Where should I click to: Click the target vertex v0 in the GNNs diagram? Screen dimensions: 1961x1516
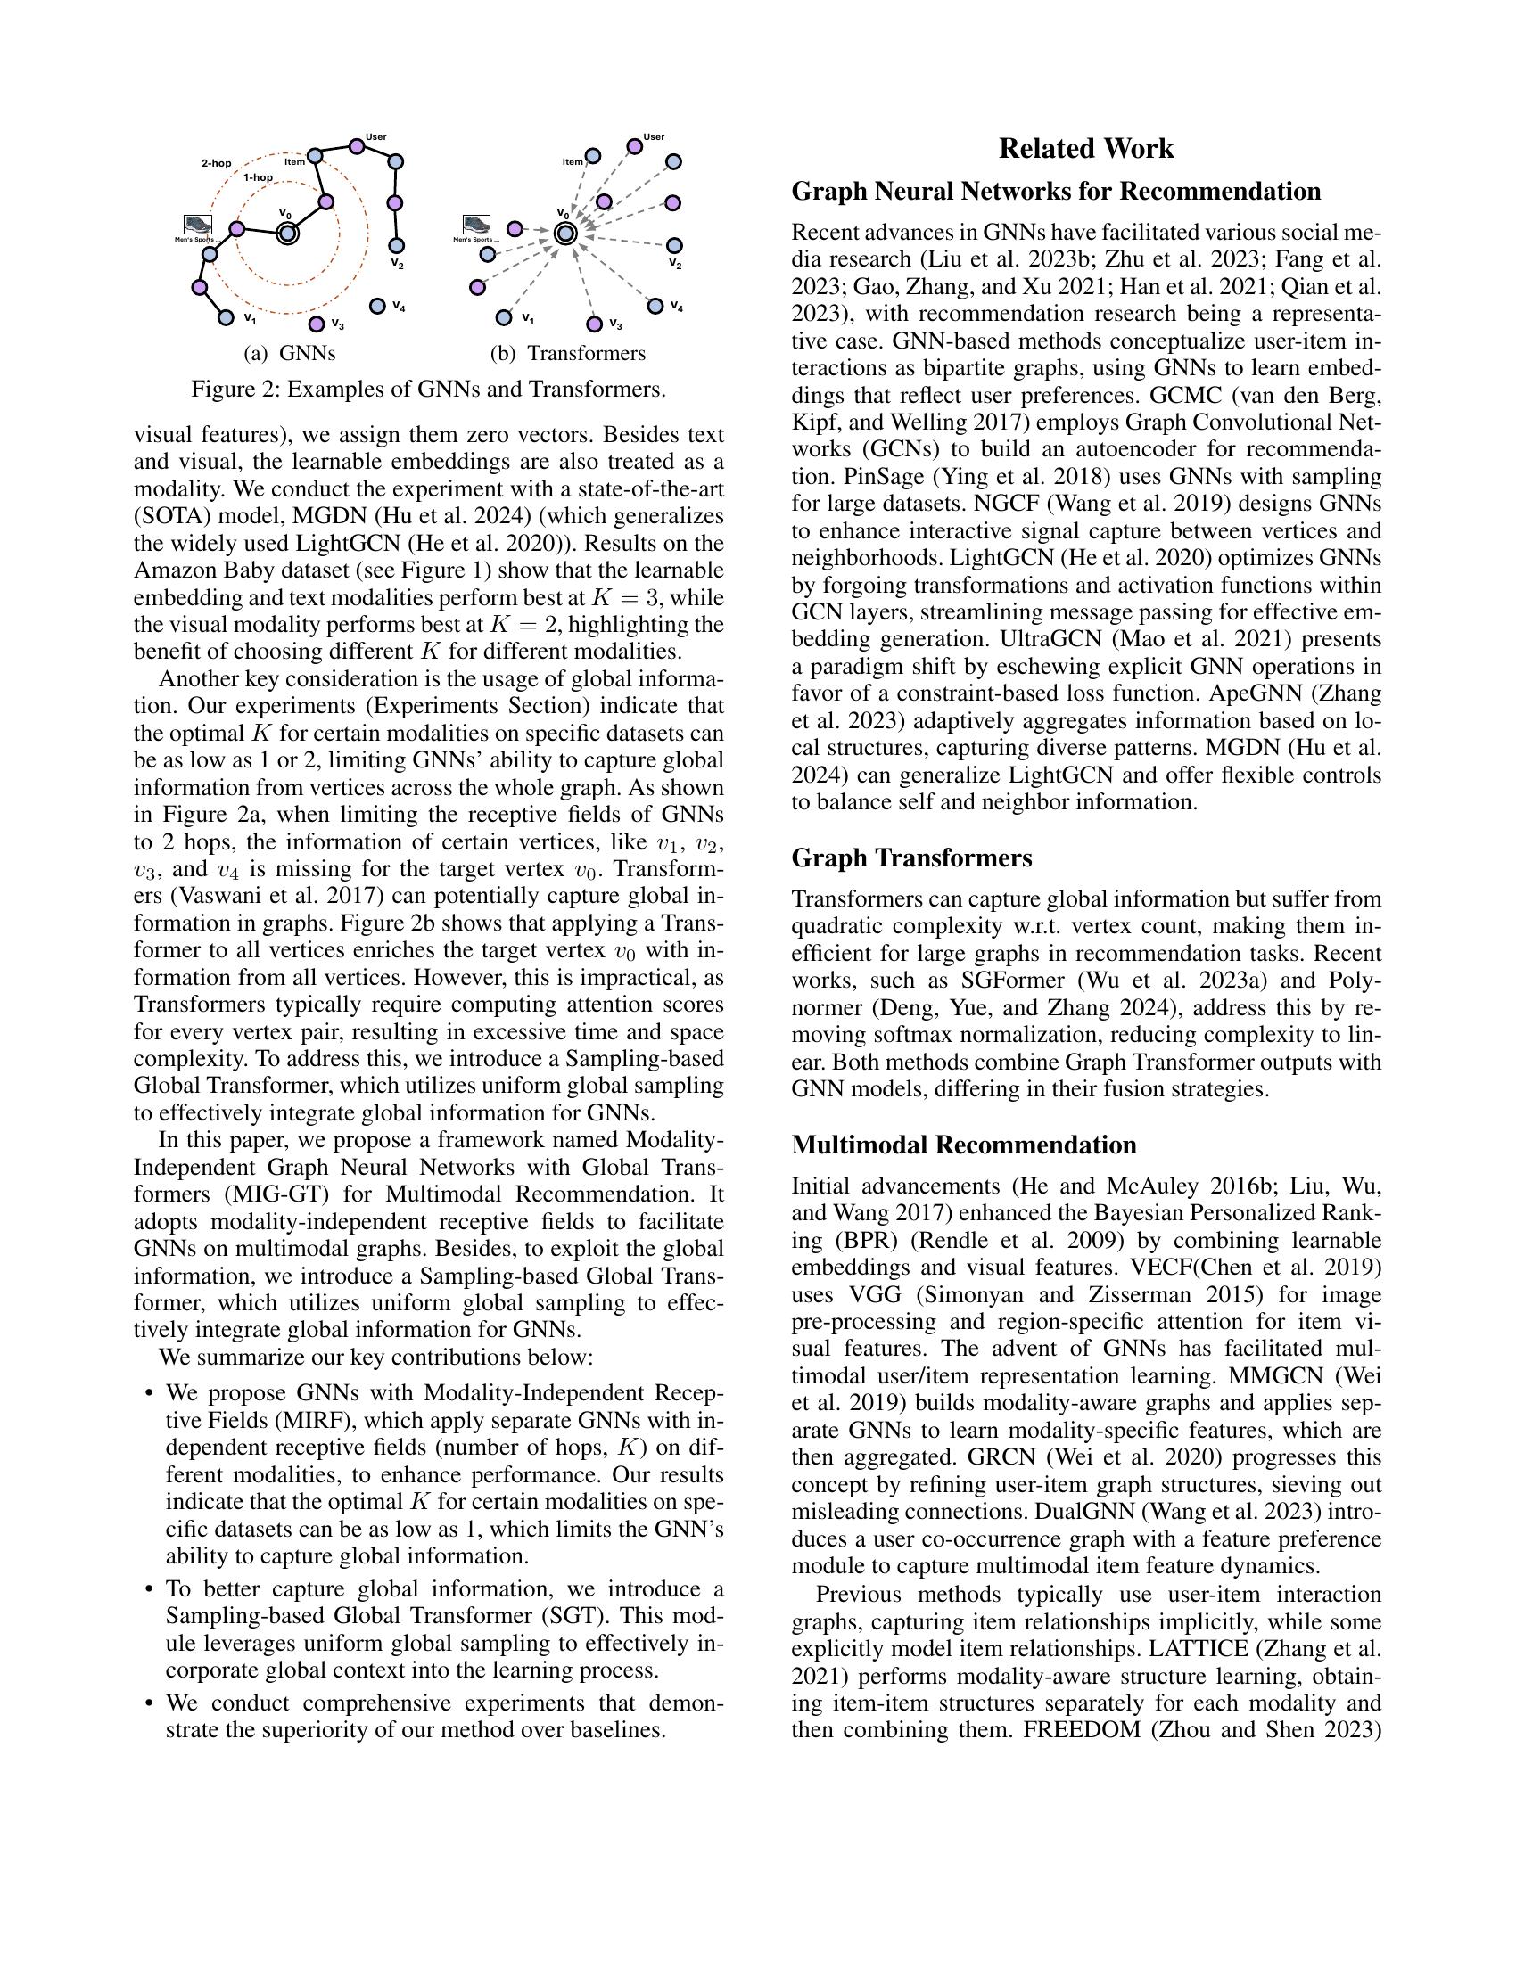pos(286,234)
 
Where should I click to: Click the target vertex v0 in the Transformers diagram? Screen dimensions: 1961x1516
pos(564,234)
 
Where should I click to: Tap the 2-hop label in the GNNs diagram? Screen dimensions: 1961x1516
pos(216,163)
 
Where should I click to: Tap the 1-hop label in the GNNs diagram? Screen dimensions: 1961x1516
pos(258,177)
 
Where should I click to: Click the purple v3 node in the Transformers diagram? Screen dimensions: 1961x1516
pos(593,324)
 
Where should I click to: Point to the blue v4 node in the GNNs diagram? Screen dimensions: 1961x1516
pos(377,306)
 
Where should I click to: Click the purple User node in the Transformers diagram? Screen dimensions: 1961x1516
pos(634,146)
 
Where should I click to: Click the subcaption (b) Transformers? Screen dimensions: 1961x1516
pos(567,354)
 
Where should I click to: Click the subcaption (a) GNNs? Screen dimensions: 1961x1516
pos(289,354)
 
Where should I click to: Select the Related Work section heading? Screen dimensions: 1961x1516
pos(1086,149)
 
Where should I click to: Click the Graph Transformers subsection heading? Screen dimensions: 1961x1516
pos(911,858)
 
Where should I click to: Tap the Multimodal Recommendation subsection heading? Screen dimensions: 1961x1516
pos(964,1145)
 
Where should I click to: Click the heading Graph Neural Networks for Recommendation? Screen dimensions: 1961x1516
pos(1056,192)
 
